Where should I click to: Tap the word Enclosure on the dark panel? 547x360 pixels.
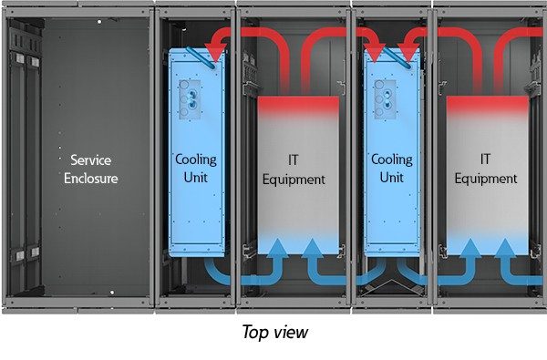pos(91,178)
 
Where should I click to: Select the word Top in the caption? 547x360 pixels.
pos(254,333)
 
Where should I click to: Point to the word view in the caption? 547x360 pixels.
pos(292,333)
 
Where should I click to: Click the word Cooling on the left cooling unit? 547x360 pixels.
pos(195,159)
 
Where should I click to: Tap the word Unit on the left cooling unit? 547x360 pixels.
pos(195,177)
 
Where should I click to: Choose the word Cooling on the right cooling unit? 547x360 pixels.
pos(391,159)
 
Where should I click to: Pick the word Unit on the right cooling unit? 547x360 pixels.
pos(391,177)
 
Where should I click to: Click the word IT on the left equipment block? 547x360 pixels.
pos(294,161)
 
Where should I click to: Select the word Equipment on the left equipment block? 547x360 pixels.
pos(294,180)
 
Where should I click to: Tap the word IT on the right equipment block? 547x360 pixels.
pos(486,159)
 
